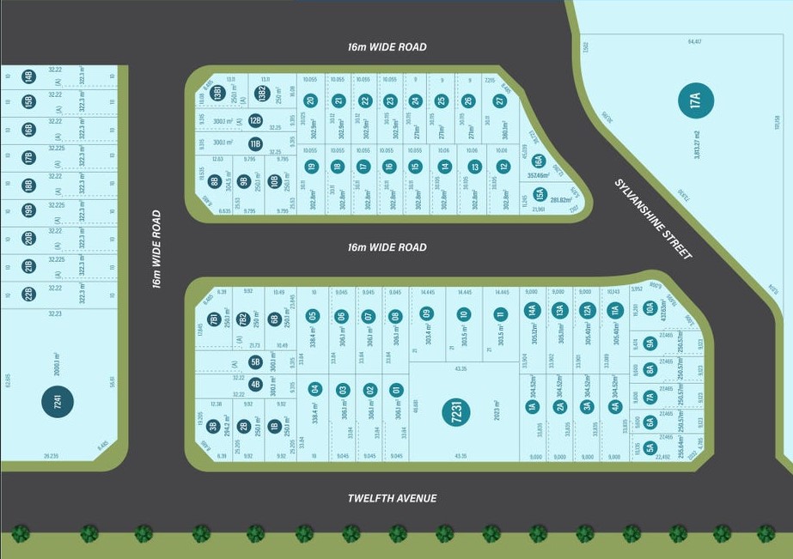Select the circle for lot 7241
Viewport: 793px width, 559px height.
(x=58, y=402)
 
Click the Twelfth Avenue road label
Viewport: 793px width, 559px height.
(x=392, y=498)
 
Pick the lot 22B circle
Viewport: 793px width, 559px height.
(x=28, y=294)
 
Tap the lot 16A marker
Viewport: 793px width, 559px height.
(x=539, y=161)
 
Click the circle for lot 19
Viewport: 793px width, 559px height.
(x=311, y=167)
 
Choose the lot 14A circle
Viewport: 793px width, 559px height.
(x=532, y=310)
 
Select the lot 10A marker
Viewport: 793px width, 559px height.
(x=650, y=307)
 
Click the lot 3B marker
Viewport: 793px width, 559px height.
(x=212, y=425)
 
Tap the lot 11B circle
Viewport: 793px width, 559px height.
(x=255, y=143)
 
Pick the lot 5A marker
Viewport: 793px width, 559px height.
(x=650, y=447)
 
